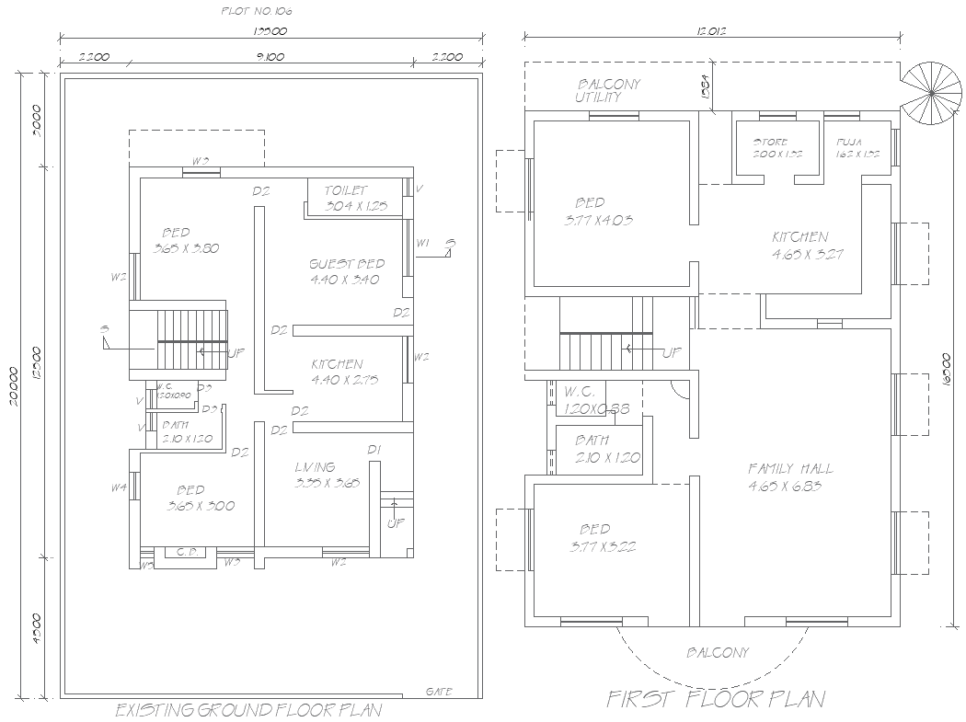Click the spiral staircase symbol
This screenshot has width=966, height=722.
coord(930,92)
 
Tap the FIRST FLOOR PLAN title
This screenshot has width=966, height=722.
coord(715,699)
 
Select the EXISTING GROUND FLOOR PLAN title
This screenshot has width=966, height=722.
coord(248,710)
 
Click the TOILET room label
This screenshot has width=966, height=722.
coord(345,190)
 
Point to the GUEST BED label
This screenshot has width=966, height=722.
coord(346,265)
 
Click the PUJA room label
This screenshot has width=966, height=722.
coord(849,143)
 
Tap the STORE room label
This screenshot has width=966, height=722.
coord(770,143)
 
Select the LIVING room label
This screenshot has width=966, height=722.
coord(315,467)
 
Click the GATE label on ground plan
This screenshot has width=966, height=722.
coord(439,691)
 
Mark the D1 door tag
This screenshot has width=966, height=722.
coord(374,449)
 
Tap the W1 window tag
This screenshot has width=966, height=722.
coord(422,243)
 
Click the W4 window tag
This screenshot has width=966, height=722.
coord(119,487)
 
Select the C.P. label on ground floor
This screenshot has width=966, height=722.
coord(184,553)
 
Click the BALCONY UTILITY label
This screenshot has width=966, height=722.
coord(607,90)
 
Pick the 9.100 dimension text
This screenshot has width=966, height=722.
coord(270,57)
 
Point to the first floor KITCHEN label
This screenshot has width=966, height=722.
coord(799,237)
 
